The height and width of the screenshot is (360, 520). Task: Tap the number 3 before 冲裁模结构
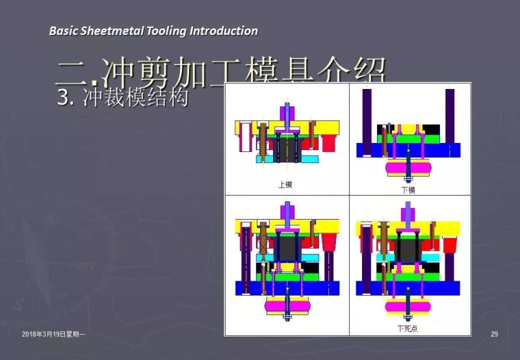63,98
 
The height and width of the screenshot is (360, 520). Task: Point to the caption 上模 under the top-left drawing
285,185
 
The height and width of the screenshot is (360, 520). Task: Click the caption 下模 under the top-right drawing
408,190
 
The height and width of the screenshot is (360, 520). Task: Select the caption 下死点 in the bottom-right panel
408,329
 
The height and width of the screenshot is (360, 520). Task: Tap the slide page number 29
494,334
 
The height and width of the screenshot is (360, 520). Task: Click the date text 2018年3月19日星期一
53,334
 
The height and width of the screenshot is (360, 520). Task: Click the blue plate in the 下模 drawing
408,151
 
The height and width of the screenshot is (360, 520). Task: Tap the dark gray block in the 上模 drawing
287,149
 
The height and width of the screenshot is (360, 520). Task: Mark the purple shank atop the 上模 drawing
287,112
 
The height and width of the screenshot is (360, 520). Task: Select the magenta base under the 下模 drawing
408,168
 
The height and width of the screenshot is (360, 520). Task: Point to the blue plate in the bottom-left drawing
287,288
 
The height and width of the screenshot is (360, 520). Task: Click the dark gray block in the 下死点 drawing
408,249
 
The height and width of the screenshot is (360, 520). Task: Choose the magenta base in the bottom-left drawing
287,305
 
